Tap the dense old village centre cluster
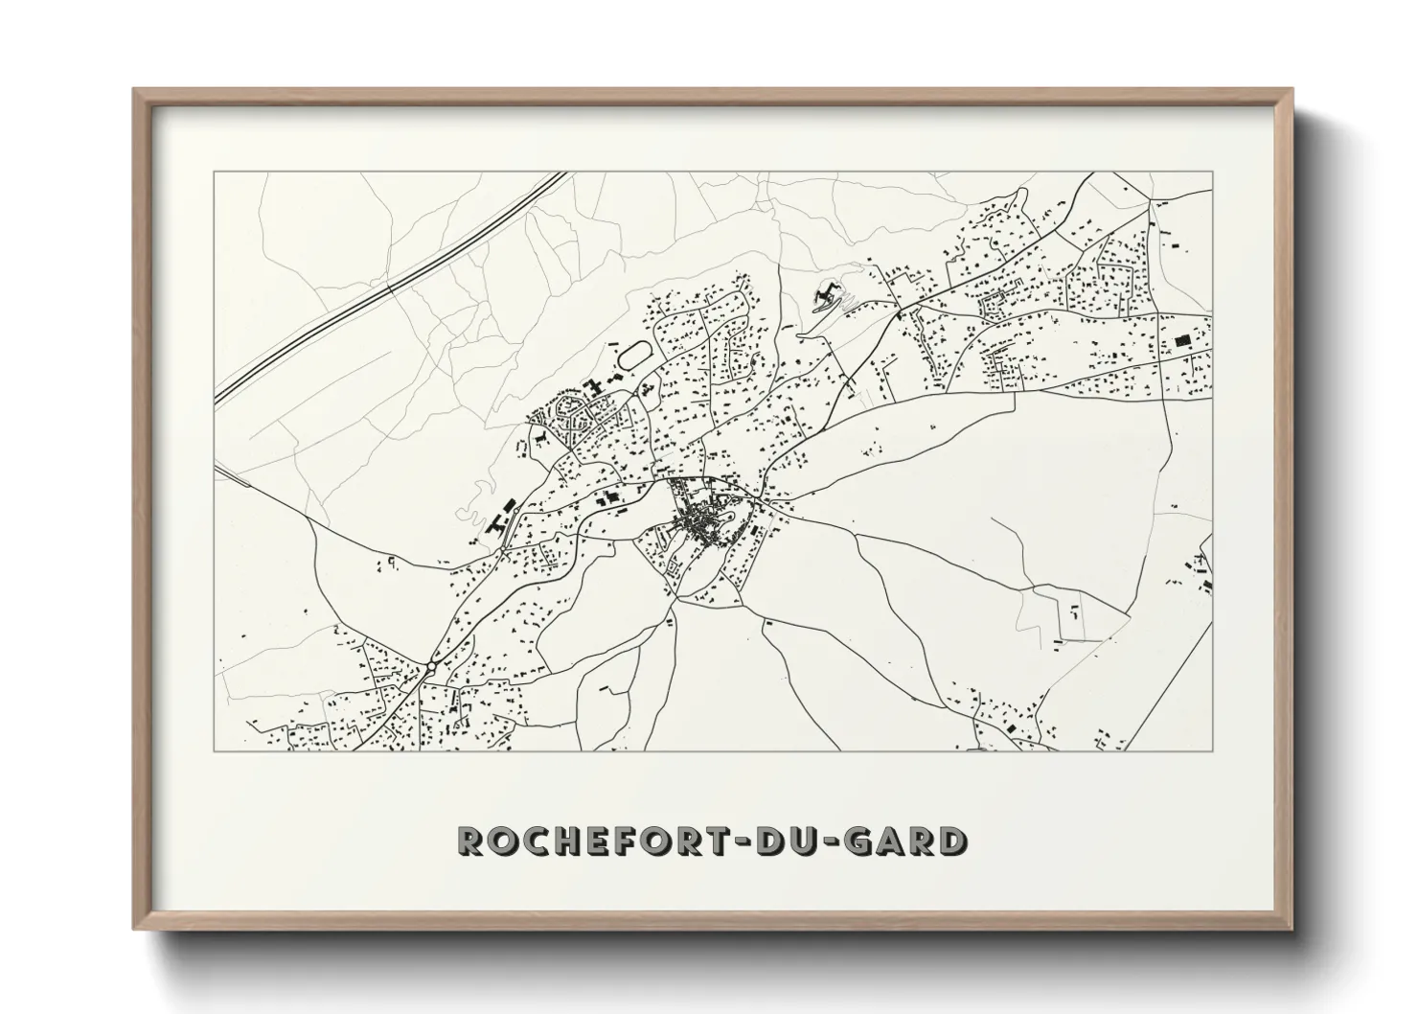703,523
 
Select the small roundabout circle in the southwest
431,666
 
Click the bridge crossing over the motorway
388,285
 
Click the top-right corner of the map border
1212,173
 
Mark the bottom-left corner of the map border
215,749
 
